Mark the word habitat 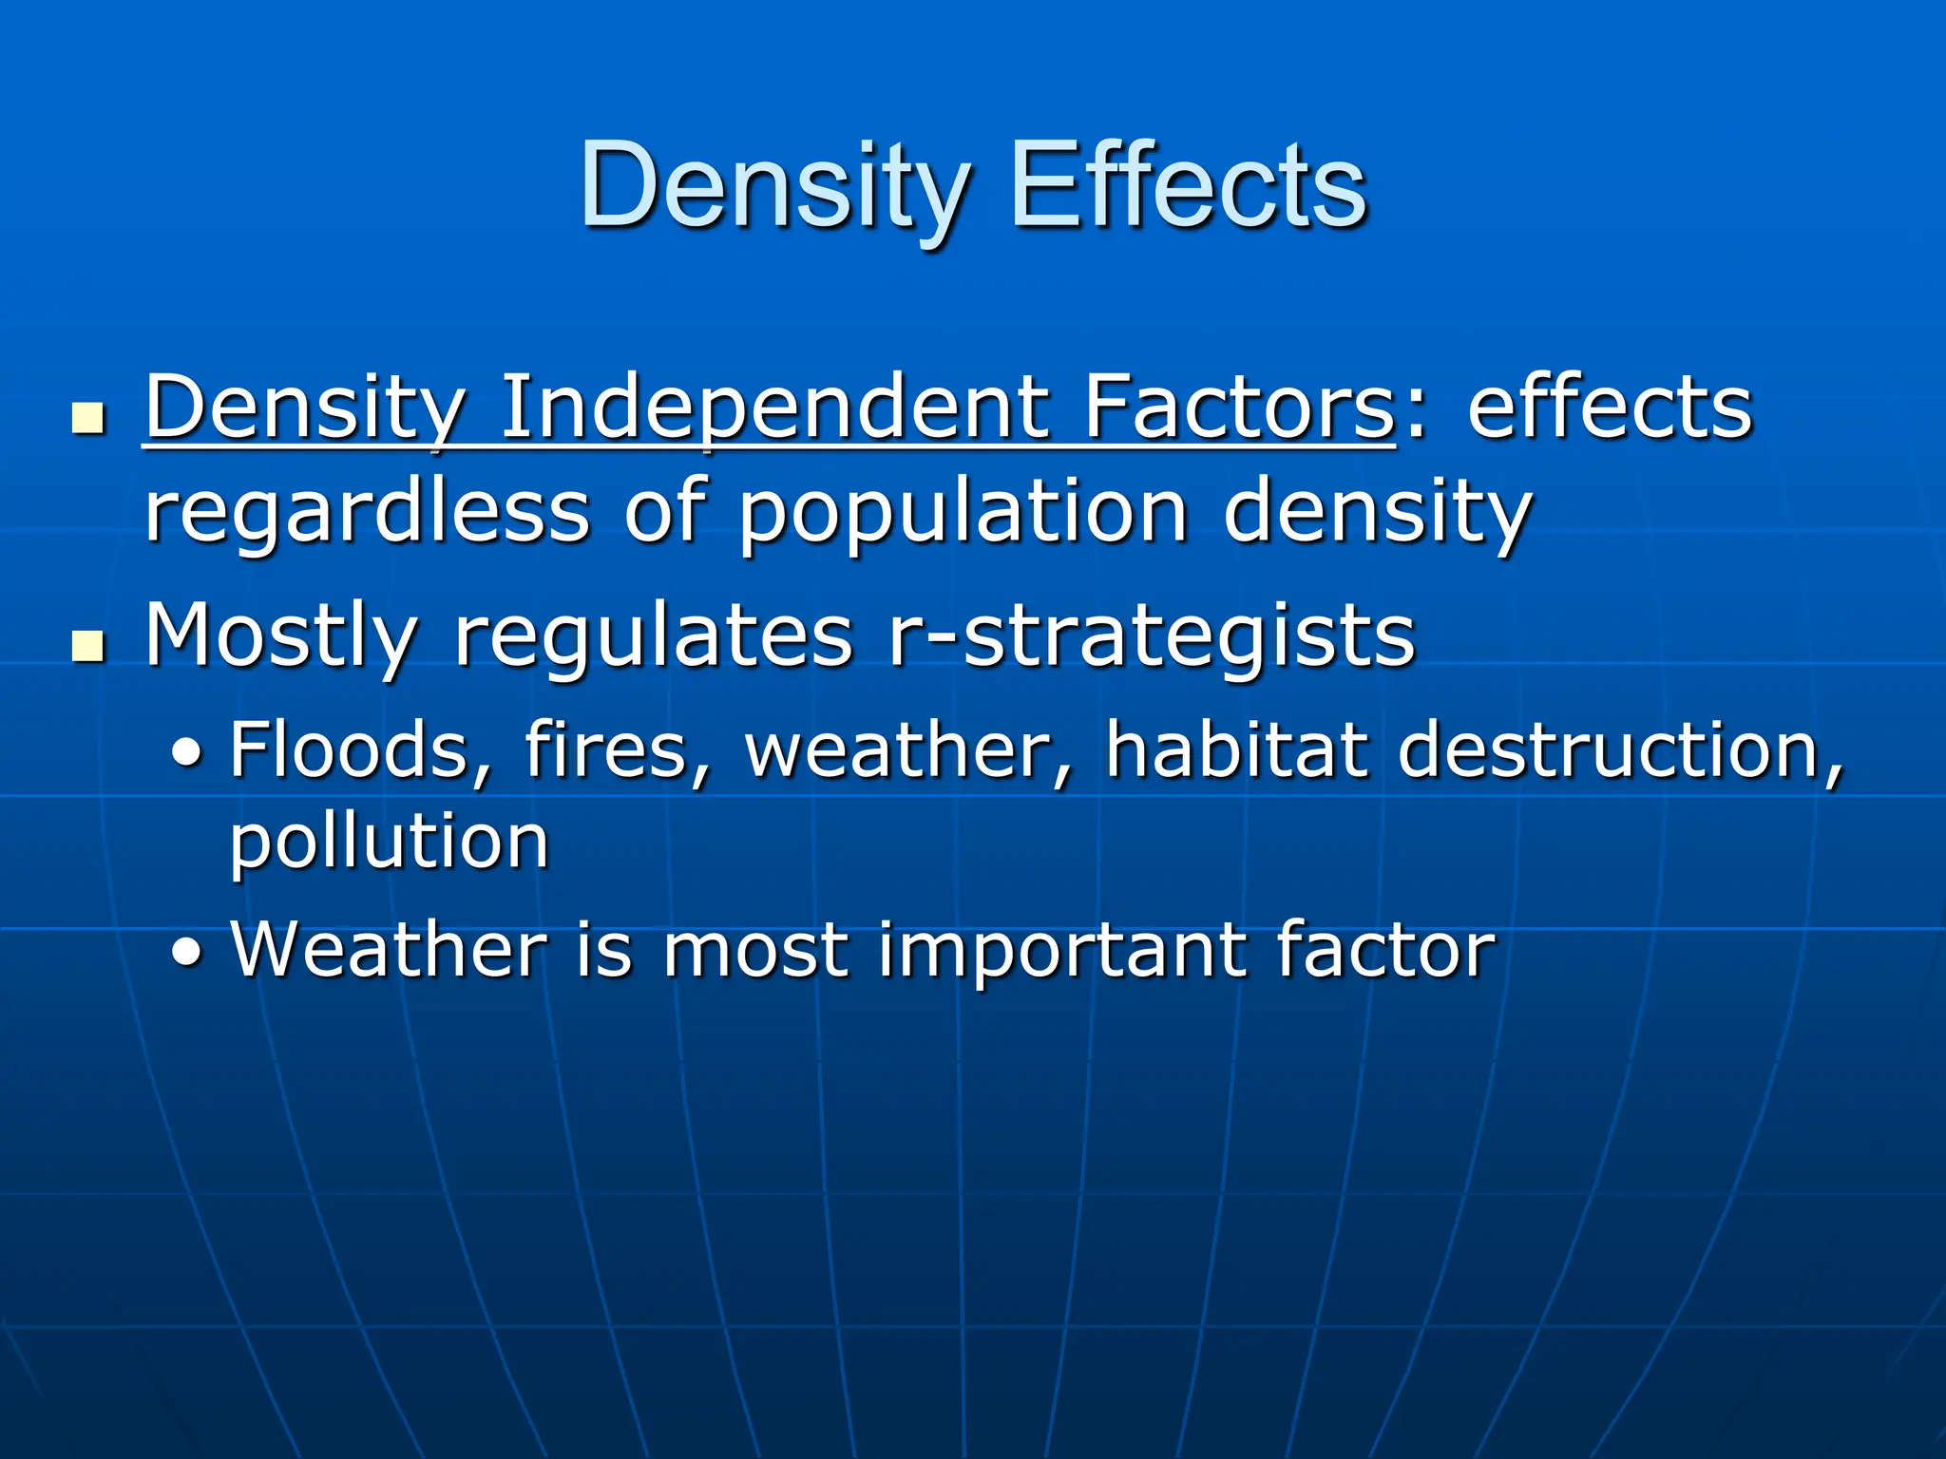(1235, 748)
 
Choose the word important (1059, 950)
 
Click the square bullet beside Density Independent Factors (88, 418)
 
